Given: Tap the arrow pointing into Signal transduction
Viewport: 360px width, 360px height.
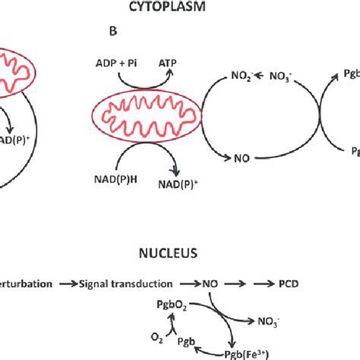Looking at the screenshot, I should (73, 285).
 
